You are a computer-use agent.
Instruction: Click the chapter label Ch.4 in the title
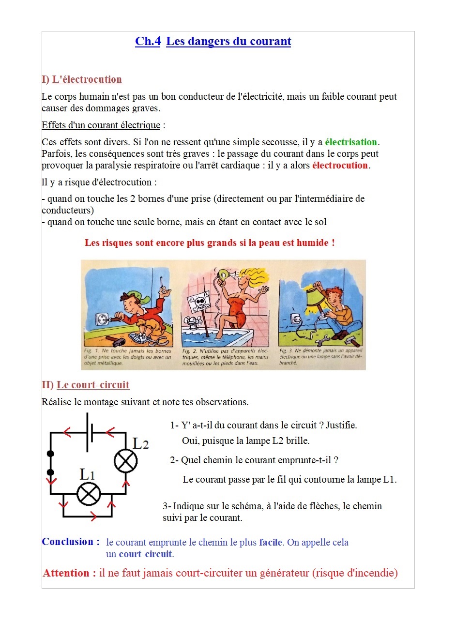(148, 42)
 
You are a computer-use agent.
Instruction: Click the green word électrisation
(351, 142)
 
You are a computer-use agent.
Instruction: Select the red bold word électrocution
(340, 166)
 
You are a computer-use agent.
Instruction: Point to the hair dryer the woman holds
(224, 275)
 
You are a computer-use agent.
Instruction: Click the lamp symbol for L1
(89, 494)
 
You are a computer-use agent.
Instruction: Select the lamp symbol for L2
(126, 461)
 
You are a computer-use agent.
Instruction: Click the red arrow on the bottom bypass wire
(93, 517)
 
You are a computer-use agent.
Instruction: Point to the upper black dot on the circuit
(50, 454)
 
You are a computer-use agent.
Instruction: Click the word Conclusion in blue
(71, 542)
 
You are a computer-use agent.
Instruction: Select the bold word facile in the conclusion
(271, 543)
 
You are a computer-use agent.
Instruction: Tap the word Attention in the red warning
(69, 574)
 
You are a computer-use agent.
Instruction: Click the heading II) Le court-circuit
(86, 385)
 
